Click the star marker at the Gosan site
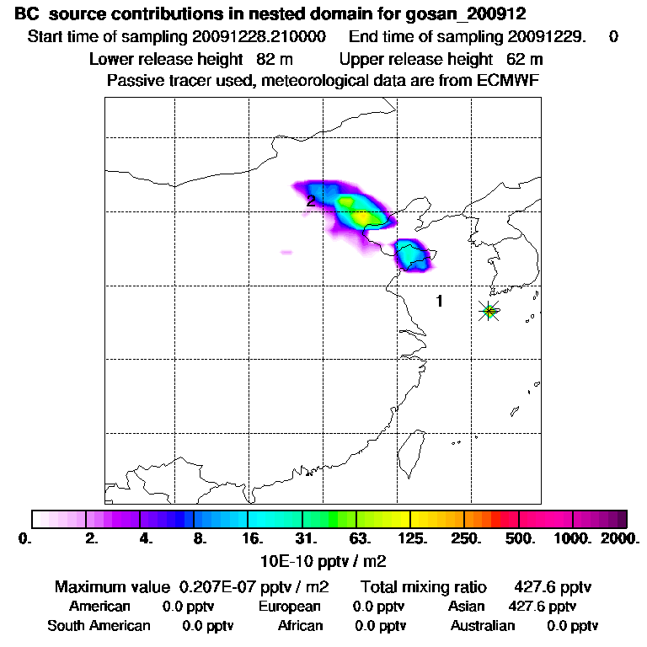[x=489, y=311]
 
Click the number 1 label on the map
[x=439, y=301]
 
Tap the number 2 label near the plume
[x=311, y=201]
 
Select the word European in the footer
[x=290, y=607]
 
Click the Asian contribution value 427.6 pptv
[x=543, y=607]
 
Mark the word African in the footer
[x=301, y=626]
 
